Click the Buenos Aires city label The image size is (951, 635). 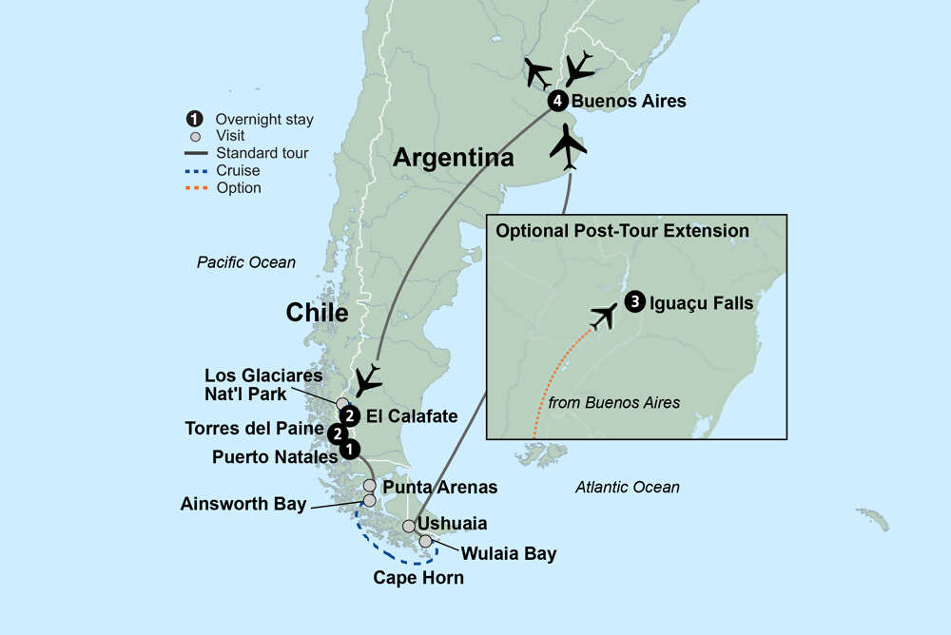coord(630,101)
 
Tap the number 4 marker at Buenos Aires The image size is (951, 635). coord(557,101)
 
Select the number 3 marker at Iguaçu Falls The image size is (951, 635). coord(634,304)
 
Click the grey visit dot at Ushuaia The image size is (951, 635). coord(409,526)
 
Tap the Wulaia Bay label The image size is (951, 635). coord(509,553)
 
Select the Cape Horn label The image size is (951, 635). coord(418,577)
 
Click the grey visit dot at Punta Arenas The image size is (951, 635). coord(369,486)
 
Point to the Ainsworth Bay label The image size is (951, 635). coord(243,504)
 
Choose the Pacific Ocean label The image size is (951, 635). coord(246,262)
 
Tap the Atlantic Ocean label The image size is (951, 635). coord(628,487)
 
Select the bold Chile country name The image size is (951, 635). coord(318,312)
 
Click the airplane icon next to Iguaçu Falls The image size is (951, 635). coord(603,316)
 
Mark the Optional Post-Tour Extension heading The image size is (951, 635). coord(622,231)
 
